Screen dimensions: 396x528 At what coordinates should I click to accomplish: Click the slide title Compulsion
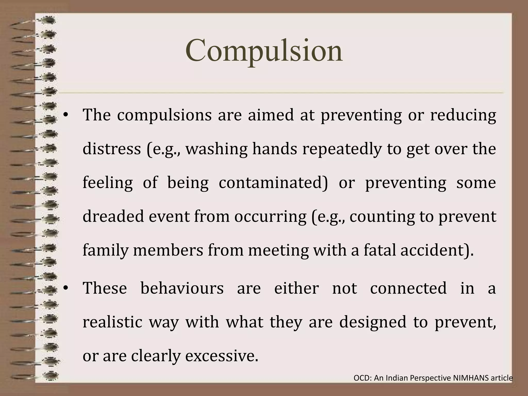(264, 51)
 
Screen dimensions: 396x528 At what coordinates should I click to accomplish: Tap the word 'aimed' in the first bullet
(271, 115)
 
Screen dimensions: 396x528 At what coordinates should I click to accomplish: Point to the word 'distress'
(112, 149)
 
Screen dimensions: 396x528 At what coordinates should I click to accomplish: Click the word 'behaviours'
(182, 288)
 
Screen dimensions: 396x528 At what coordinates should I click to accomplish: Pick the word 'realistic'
(112, 322)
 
